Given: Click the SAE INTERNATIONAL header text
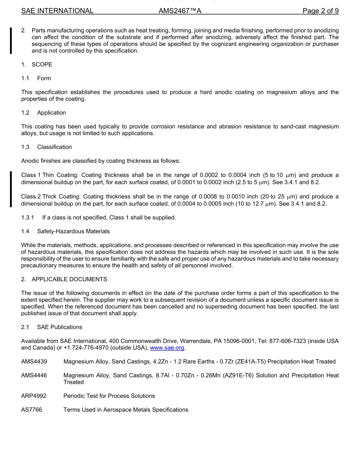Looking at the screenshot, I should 57,11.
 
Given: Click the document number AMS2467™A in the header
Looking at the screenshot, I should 180,11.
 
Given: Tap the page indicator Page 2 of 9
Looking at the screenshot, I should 320,11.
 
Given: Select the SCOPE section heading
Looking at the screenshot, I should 42,64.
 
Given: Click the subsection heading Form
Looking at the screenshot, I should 44,78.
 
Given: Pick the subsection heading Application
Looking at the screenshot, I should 52,113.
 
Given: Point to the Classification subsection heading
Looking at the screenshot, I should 54,147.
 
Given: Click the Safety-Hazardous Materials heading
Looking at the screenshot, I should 74,231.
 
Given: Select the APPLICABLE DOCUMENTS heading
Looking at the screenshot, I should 69,279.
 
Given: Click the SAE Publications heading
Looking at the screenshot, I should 59,327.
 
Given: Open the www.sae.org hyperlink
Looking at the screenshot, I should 167,348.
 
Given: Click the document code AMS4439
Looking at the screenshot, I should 34,362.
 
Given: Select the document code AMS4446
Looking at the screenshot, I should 34,376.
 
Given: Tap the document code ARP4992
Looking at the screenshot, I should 34,396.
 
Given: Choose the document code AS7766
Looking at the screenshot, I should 31,410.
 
